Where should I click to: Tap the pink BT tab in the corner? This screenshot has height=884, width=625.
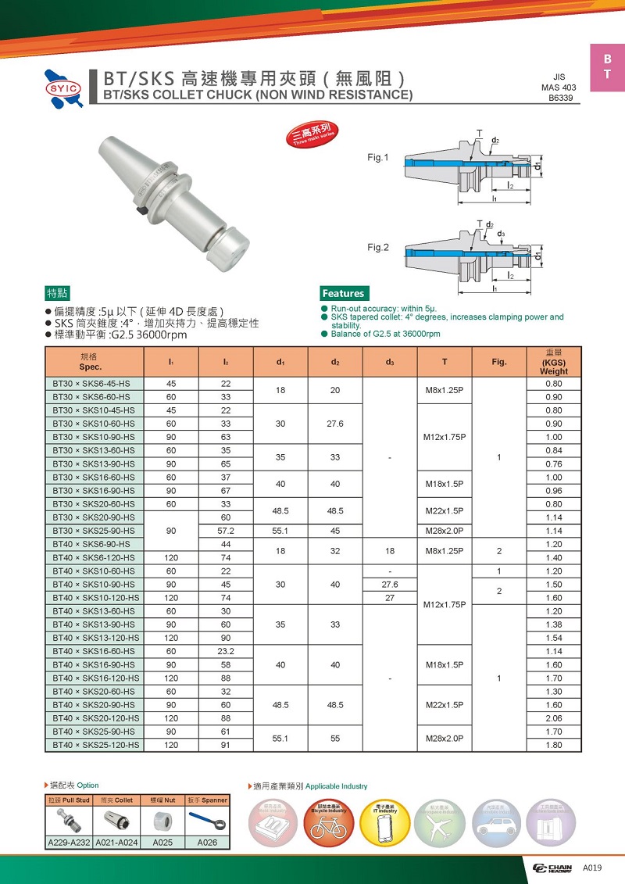click(607, 68)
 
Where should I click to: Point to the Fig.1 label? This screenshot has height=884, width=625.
click(378, 158)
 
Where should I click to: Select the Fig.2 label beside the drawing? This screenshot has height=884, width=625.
click(378, 248)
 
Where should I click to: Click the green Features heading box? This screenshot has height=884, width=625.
click(344, 293)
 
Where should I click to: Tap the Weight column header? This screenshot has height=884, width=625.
click(554, 362)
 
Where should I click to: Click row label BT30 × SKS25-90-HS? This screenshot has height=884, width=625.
click(92, 531)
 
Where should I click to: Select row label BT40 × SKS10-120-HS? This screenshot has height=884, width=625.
click(95, 598)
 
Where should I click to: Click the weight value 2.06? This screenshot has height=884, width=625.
click(554, 718)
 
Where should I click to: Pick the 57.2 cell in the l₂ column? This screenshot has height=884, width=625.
click(225, 531)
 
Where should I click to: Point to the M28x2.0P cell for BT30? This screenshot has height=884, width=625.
click(444, 531)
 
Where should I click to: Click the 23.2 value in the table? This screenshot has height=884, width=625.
click(225, 651)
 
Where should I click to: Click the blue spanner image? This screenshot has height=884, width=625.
click(208, 821)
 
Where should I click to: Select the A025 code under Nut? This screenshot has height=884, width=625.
click(162, 843)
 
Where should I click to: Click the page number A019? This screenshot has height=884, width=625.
click(593, 867)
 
